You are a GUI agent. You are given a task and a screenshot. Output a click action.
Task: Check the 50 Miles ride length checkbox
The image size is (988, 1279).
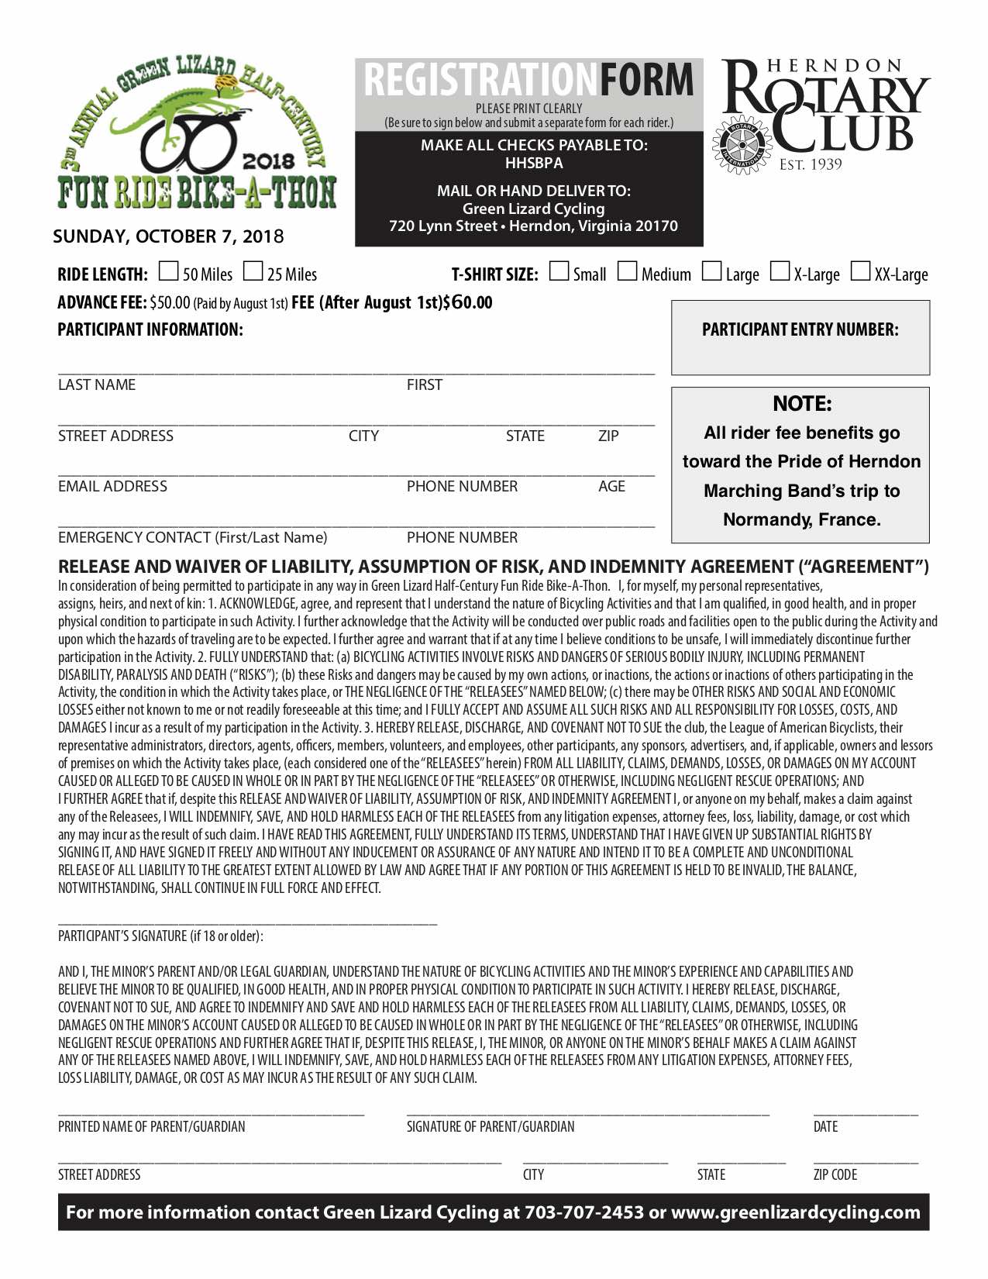click(168, 271)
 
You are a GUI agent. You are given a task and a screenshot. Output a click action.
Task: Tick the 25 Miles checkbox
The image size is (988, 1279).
click(253, 271)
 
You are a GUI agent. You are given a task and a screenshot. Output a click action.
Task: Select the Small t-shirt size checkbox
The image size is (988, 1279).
click(558, 271)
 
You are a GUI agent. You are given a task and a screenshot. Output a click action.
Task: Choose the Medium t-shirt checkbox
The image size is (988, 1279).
click(628, 271)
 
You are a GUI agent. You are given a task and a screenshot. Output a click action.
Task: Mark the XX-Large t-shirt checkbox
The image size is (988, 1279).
click(860, 271)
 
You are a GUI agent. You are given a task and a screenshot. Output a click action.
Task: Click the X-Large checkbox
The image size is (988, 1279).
click(780, 271)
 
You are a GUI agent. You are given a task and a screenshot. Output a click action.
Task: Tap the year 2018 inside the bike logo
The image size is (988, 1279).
click(268, 161)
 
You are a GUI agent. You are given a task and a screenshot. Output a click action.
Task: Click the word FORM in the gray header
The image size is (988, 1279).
click(646, 81)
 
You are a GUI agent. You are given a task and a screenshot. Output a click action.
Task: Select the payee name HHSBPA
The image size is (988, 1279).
click(534, 163)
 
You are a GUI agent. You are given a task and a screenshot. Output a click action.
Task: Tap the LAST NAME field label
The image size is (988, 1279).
click(97, 384)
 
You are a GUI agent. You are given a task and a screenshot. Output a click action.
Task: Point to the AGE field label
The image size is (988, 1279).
click(611, 486)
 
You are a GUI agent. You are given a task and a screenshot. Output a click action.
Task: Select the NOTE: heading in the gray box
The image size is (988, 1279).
click(801, 403)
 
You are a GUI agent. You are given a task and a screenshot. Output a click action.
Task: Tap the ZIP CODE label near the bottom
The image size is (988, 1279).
click(835, 1174)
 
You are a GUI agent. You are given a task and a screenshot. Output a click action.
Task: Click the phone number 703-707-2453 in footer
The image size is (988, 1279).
click(584, 1212)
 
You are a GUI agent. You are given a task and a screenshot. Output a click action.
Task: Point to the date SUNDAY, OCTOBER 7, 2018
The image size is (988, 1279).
click(168, 236)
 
